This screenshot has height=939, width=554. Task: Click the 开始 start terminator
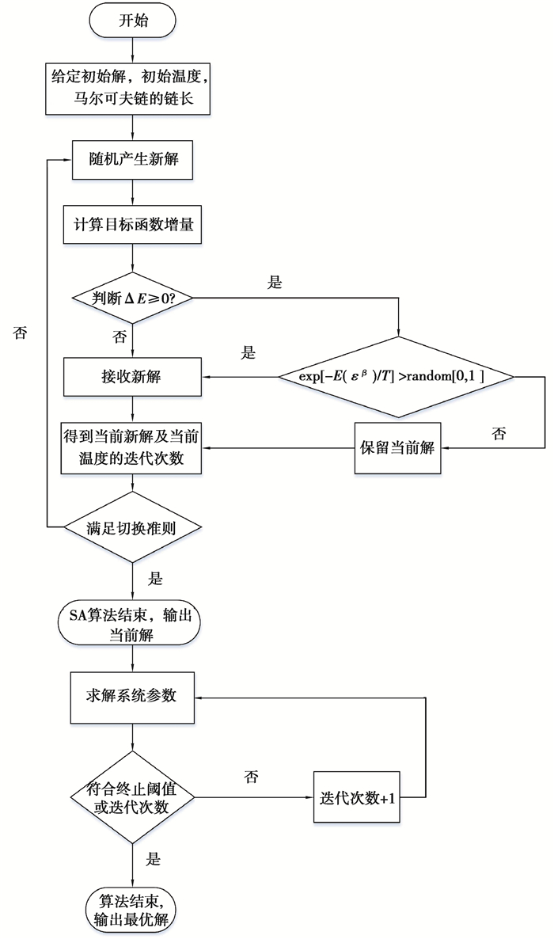(x=133, y=22)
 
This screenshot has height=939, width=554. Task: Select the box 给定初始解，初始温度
(x=133, y=90)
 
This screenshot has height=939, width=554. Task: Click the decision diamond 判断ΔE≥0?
(x=133, y=298)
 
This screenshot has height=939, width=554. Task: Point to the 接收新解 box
(x=133, y=376)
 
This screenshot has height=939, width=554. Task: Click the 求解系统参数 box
(x=133, y=697)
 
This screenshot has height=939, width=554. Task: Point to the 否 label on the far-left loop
(x=21, y=333)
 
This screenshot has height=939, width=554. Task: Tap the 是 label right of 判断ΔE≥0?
(x=275, y=283)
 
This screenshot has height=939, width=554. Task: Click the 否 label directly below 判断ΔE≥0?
(x=120, y=337)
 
